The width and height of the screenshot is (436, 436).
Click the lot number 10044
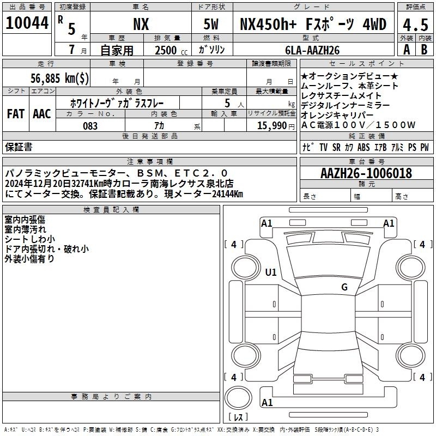click(x=27, y=22)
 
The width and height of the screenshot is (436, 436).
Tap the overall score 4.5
click(x=415, y=25)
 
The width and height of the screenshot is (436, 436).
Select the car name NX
click(x=141, y=24)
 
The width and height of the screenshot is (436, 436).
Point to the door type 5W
click(x=211, y=24)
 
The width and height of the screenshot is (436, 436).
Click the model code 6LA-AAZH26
click(x=312, y=50)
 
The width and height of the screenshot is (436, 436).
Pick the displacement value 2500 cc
click(x=171, y=50)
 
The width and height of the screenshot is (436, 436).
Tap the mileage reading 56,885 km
click(x=59, y=78)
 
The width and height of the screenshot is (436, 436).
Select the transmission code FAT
click(x=16, y=114)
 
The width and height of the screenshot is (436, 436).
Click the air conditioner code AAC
click(x=42, y=114)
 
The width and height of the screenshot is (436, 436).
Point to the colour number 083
click(x=90, y=126)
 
